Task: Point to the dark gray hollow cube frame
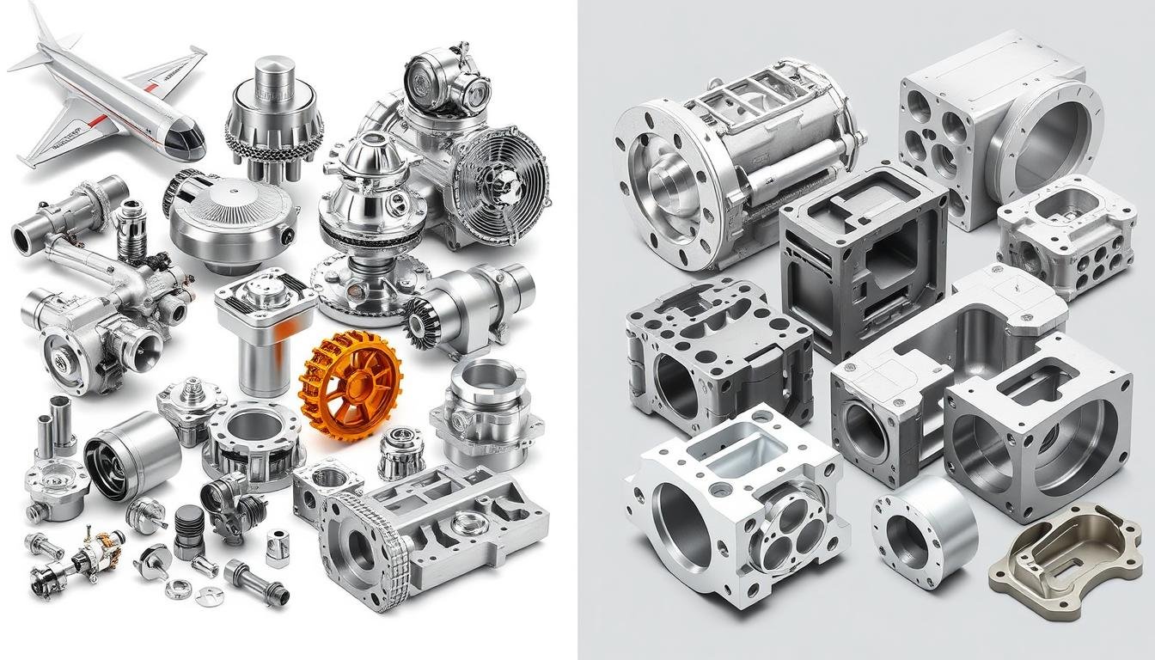coord(862,258)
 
